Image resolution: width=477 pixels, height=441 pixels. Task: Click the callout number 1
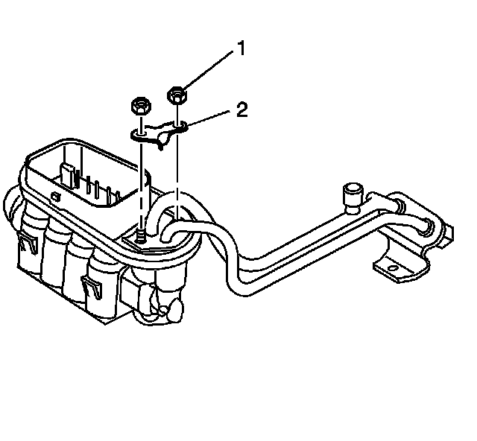pos(241,49)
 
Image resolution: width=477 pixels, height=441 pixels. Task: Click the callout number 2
pos(241,110)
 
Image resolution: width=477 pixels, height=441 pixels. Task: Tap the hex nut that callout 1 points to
pos(177,95)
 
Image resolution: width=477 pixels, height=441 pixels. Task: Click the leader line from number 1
pos(209,72)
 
